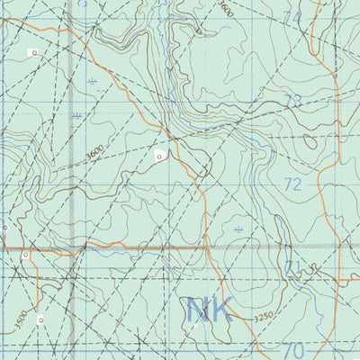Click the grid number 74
[x=292, y=17]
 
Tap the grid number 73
[x=292, y=101]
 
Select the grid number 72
[x=292, y=184]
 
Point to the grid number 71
[x=292, y=267]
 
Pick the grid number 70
[x=292, y=349]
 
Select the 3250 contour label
[x=262, y=317]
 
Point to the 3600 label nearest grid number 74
[x=225, y=10]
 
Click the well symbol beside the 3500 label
[x=40, y=319]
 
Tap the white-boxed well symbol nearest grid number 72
[x=159, y=156]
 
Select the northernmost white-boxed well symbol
[x=34, y=53]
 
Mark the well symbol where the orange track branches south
[x=26, y=256]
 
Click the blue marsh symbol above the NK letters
[x=238, y=230]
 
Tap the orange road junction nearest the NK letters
[x=208, y=246]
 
